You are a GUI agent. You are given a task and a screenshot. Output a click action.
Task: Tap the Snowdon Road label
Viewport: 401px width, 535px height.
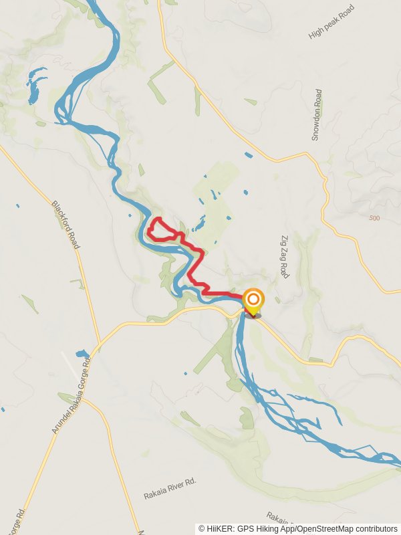coord(317,115)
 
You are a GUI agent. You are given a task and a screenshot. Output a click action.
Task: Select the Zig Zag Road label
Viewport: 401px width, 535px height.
coord(284,256)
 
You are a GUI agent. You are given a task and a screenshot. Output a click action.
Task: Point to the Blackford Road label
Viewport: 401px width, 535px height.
coord(66,225)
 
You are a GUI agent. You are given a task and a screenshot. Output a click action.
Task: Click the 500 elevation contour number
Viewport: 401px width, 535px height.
coord(374,218)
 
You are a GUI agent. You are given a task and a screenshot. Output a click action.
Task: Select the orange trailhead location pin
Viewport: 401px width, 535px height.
coord(253,301)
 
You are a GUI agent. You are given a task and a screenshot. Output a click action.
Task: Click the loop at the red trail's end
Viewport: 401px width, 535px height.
coord(158,229)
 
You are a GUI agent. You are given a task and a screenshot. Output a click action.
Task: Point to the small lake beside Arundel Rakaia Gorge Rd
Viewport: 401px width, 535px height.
coord(83,353)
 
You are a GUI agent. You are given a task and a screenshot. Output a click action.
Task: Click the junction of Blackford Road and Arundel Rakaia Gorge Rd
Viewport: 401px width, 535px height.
coord(98,348)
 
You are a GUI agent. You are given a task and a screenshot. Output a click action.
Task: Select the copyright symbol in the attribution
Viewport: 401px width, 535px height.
coord(203,528)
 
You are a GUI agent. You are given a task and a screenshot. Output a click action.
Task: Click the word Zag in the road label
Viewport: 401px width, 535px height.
coord(284,256)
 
